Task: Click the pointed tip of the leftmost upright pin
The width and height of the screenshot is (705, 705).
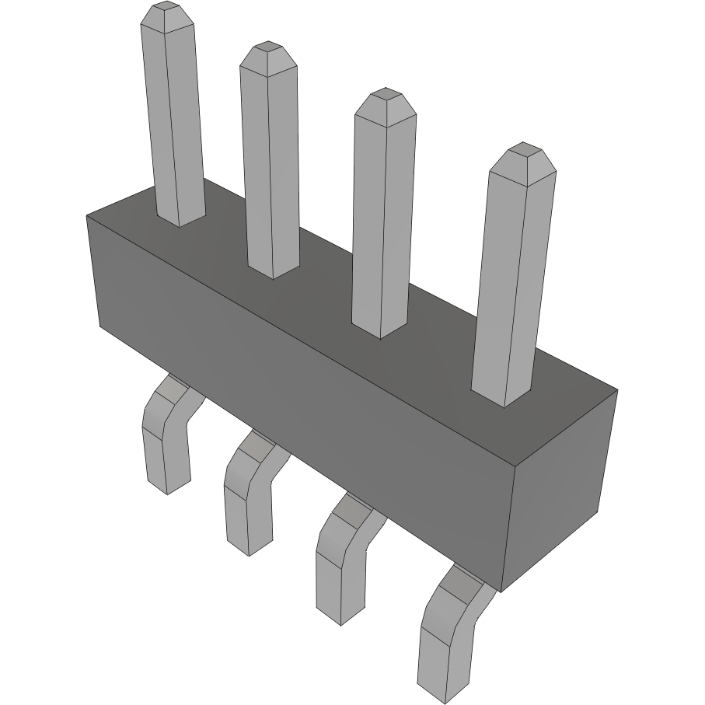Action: pyautogui.click(x=166, y=9)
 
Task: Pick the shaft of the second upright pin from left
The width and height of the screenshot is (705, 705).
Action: pyautogui.click(x=270, y=163)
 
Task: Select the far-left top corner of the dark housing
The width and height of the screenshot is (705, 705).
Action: pyautogui.click(x=86, y=215)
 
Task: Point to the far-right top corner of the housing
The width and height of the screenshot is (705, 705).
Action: pyautogui.click(x=617, y=389)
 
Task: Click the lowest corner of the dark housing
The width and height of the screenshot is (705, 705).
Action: pyautogui.click(x=501, y=592)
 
